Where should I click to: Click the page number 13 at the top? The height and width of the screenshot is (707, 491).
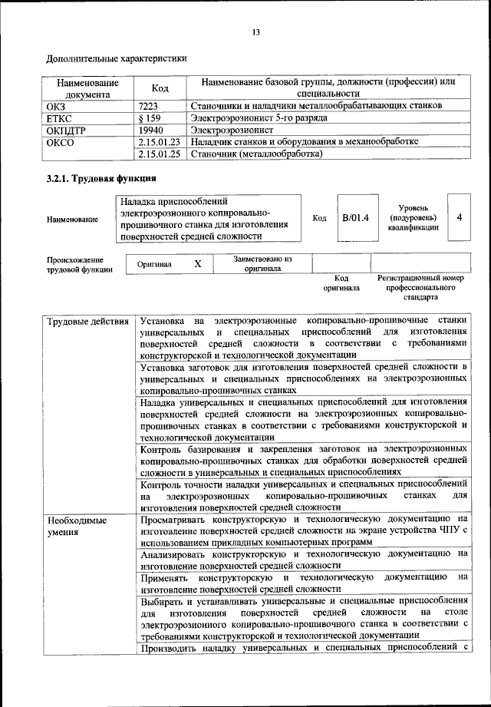pyautogui.click(x=256, y=31)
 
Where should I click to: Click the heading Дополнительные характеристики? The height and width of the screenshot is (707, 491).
pyautogui.click(x=116, y=58)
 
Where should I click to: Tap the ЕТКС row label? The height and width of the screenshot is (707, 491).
pyautogui.click(x=61, y=117)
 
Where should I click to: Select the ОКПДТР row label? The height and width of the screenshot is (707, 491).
pyautogui.click(x=68, y=130)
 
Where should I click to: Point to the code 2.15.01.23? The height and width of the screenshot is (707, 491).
pyautogui.click(x=160, y=142)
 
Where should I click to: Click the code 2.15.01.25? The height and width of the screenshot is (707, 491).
pyautogui.click(x=160, y=154)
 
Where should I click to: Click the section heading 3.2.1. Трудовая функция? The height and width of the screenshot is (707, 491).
pyautogui.click(x=101, y=180)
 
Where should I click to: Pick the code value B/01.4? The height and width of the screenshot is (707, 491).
pyautogui.click(x=355, y=218)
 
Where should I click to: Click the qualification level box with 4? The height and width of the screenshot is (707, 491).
pyautogui.click(x=459, y=218)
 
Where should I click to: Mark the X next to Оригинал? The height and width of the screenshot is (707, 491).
pyautogui.click(x=198, y=264)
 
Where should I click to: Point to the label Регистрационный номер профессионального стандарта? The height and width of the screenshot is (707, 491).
pyautogui.click(x=421, y=286)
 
